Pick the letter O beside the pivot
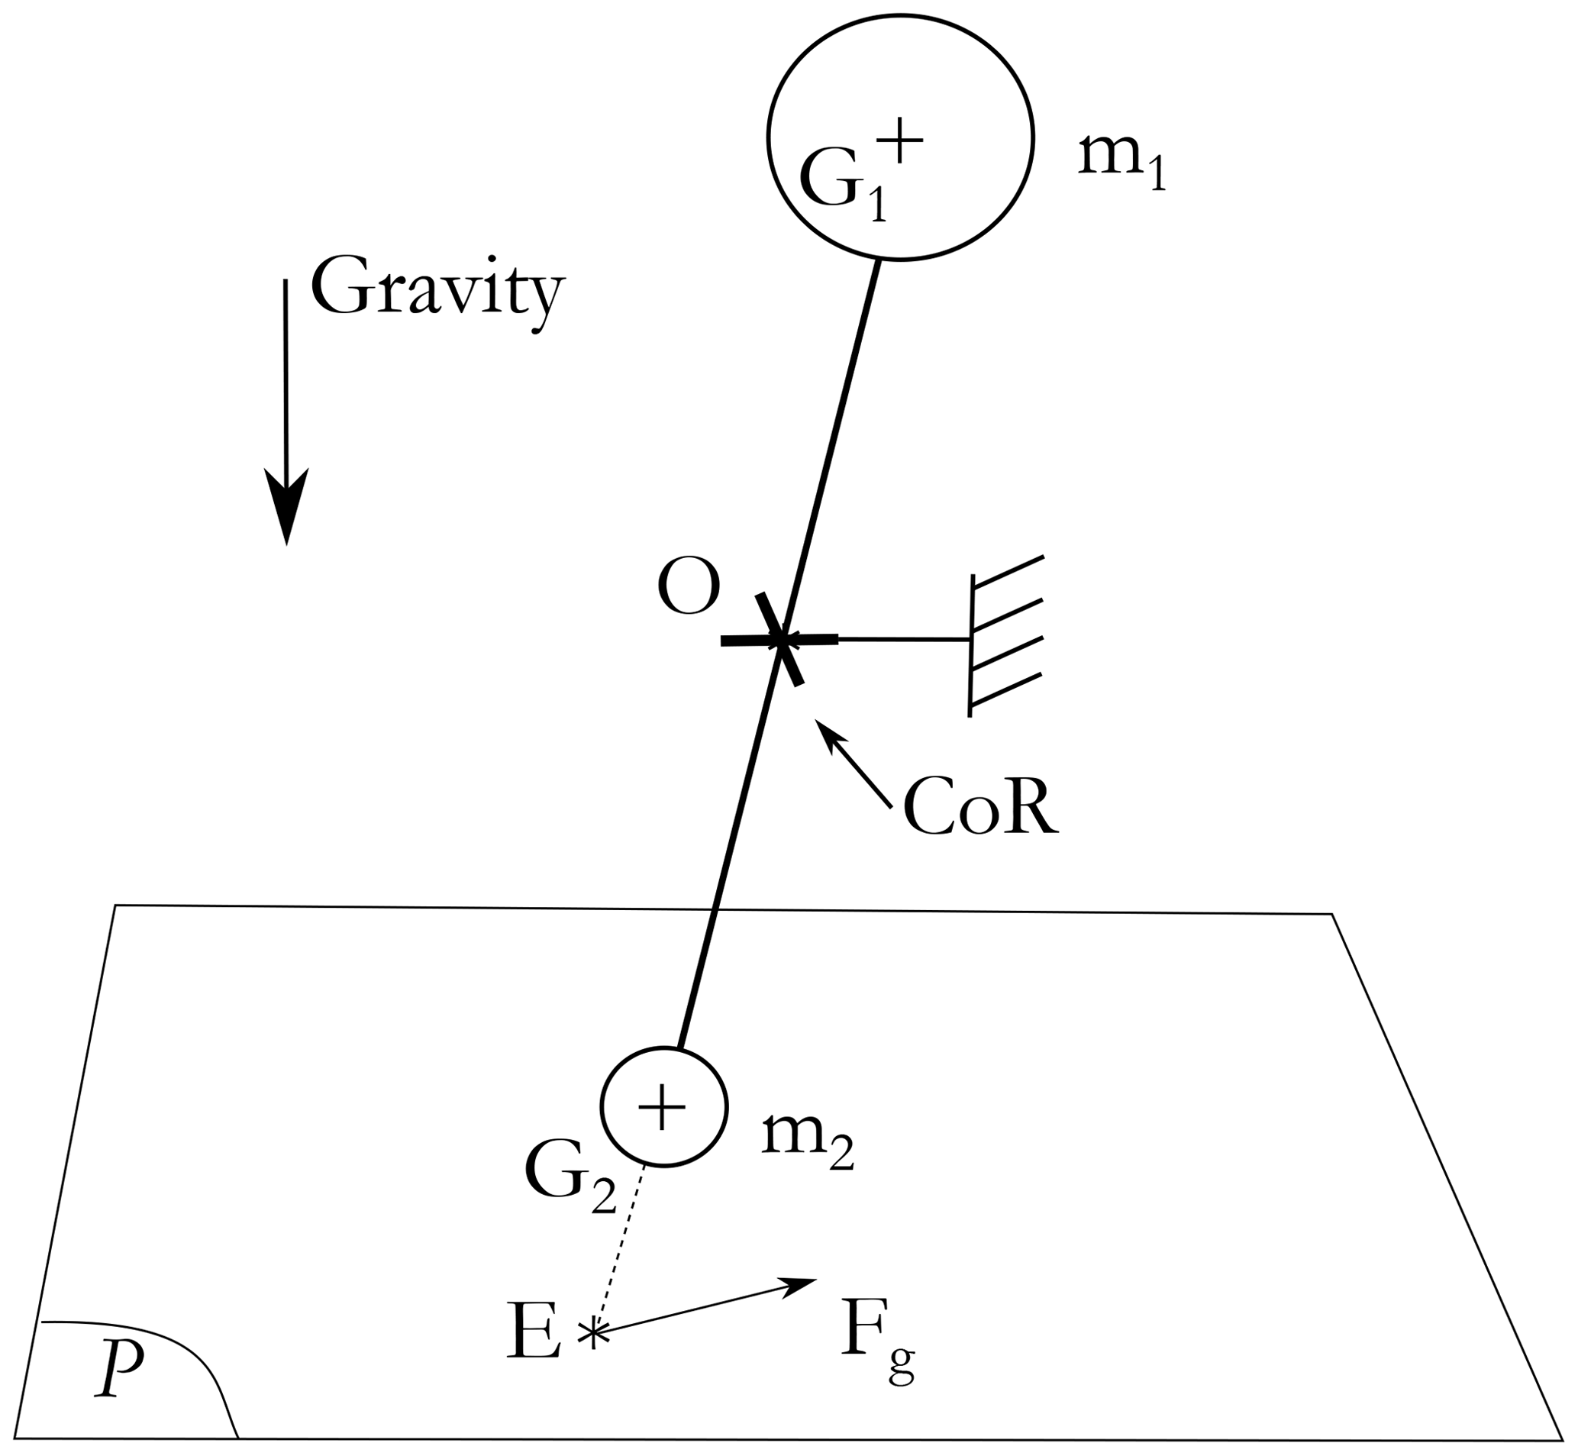point(689,588)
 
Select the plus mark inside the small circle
point(662,1106)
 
